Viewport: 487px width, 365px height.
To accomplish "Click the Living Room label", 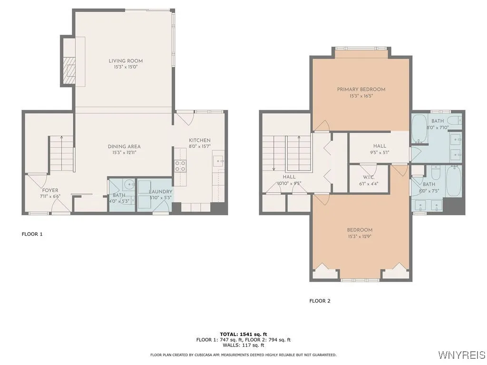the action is point(126,61).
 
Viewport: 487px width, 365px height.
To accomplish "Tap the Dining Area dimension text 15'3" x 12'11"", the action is point(124,153).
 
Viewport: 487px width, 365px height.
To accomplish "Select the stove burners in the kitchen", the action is point(180,166).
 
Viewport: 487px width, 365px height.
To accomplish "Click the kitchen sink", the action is point(219,161).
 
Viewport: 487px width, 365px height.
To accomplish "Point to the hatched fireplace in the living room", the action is point(69,71).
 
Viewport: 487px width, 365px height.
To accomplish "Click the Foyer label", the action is point(50,190).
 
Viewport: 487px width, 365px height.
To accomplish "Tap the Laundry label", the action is point(160,192).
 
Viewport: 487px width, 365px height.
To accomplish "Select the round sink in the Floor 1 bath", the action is point(129,185).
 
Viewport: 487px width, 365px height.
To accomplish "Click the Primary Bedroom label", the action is point(361,89).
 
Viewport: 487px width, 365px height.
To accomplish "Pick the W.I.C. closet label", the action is point(369,177).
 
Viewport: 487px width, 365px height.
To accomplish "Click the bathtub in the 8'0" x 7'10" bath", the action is point(419,129).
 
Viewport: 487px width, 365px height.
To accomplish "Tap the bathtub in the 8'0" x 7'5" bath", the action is point(453,181).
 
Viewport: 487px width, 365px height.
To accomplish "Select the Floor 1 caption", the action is point(32,234).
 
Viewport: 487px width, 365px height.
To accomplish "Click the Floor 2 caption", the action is point(320,301).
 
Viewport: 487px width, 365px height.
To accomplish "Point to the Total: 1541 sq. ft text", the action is point(243,334).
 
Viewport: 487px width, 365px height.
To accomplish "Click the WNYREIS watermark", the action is point(462,355).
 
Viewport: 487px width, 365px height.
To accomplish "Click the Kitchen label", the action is point(200,140).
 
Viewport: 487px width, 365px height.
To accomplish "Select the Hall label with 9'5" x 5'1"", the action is point(380,146).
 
